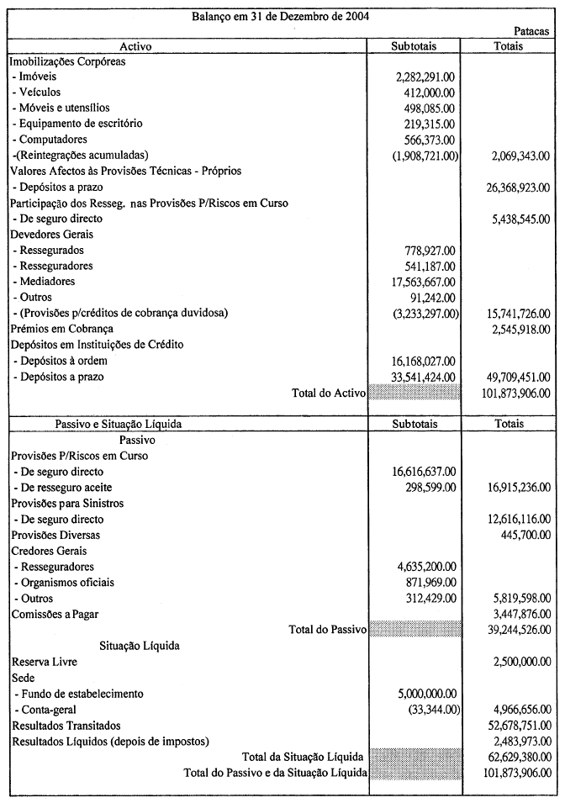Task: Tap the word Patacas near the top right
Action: click(531, 31)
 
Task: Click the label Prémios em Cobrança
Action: click(61, 329)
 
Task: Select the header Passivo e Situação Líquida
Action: click(118, 425)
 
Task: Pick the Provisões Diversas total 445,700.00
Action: click(526, 535)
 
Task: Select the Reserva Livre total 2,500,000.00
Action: click(518, 663)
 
